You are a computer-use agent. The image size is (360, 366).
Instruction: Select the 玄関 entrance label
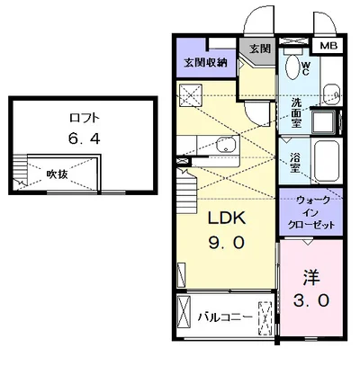[259, 48]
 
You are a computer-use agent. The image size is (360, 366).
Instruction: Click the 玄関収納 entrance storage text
[205, 62]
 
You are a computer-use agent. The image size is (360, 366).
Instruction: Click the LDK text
[225, 219]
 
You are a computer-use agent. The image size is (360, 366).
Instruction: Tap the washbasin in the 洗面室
[329, 89]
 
